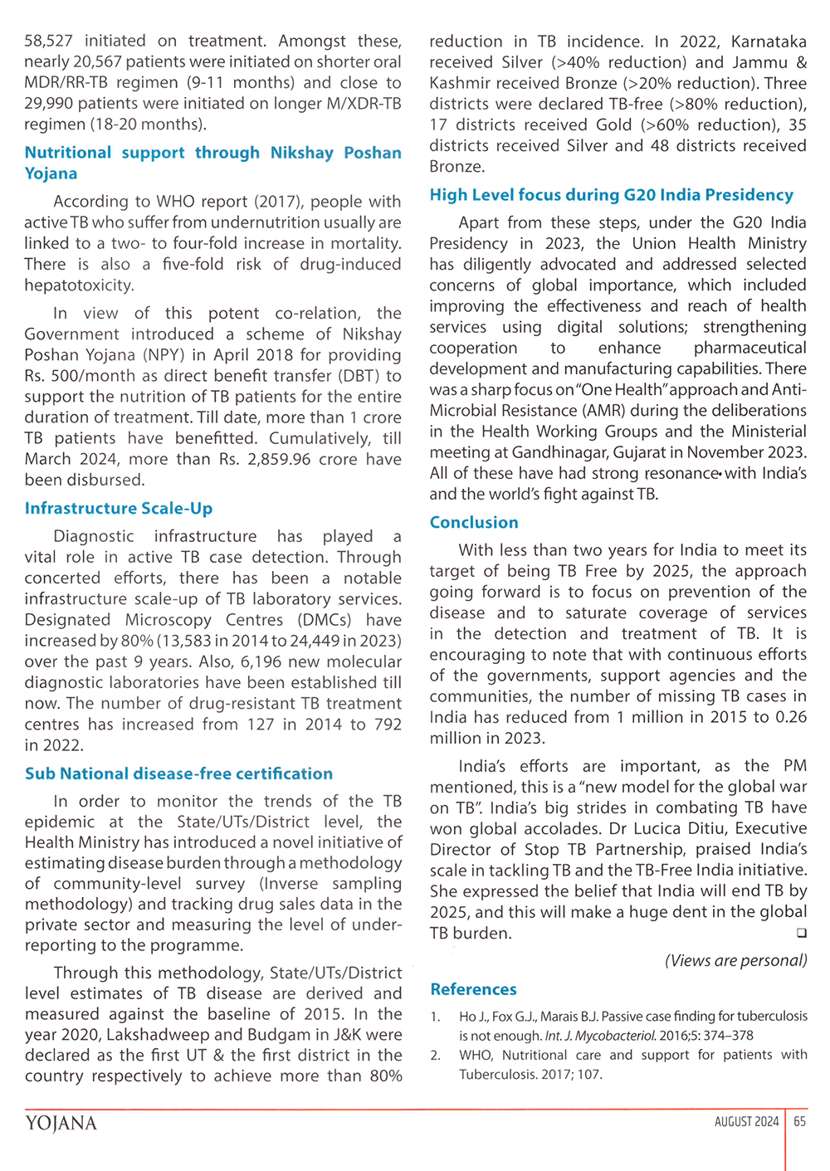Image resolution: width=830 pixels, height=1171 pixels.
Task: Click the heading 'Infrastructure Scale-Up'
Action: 119,509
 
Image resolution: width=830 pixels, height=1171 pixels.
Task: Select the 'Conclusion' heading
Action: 474,523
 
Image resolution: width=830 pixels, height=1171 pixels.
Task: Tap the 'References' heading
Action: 473,989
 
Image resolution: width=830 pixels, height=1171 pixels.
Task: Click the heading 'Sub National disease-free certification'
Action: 178,773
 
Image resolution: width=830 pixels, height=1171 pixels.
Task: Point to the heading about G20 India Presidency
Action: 611,195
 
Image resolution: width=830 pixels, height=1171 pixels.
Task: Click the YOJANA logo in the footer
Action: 61,1124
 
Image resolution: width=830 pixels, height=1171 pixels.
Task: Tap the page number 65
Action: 799,1121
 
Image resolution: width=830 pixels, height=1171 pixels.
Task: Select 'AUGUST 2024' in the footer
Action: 746,1121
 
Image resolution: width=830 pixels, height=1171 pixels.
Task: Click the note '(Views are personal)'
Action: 735,960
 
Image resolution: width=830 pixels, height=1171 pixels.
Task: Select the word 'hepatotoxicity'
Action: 79,285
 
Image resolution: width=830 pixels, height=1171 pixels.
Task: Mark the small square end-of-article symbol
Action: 802,933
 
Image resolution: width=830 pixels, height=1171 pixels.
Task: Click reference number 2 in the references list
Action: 435,1056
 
